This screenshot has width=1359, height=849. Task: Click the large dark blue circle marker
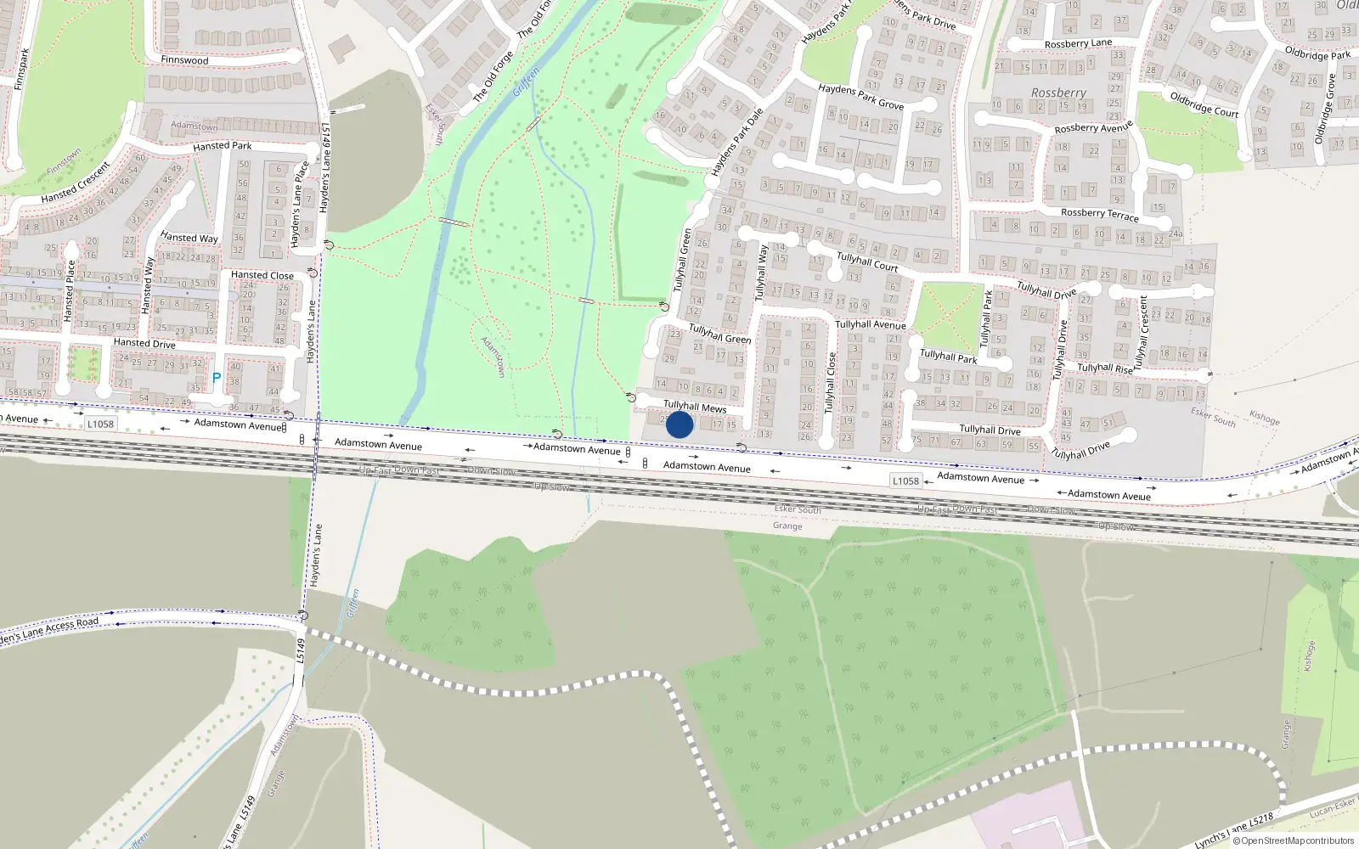pos(679,424)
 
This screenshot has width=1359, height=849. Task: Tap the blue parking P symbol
pos(217,379)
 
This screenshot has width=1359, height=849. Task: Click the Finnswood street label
pos(184,60)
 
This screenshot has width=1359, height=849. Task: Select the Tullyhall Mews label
pos(695,407)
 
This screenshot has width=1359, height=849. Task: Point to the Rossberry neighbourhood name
pos(1058,93)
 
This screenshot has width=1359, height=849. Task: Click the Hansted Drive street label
pos(144,343)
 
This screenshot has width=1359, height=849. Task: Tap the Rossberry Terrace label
pos(1100,214)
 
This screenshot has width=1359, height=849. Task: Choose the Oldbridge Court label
pos(1204,104)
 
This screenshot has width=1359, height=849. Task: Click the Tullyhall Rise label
pos(1105,368)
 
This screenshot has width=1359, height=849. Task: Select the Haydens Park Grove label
pos(860,97)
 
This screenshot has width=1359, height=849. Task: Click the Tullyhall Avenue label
pos(870,324)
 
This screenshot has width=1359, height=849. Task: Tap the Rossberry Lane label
pos(1078,43)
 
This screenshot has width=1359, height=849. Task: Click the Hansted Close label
pos(262,275)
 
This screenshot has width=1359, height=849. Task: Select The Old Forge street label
pos(493,77)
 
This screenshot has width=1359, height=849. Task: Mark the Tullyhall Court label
pos(867,261)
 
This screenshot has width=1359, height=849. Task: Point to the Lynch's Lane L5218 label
pos(1233,830)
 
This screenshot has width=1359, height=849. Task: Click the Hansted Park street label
pos(222,146)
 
